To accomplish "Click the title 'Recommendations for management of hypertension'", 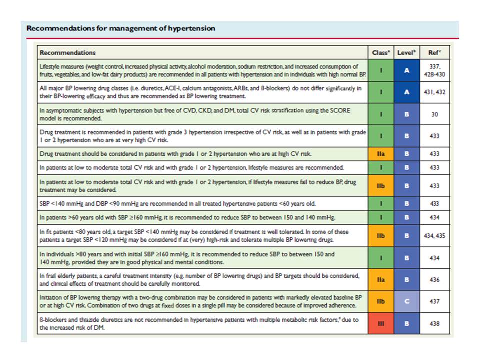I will (x=121, y=28).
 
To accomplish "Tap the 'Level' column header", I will (x=406, y=52).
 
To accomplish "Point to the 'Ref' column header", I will (x=434, y=52).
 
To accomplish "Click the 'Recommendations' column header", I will (x=68, y=52).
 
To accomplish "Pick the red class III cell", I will (x=381, y=324).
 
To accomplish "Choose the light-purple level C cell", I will (x=406, y=302).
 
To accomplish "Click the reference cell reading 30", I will (x=434, y=114).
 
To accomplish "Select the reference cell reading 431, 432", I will (x=434, y=93).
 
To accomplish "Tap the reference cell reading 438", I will (x=434, y=324).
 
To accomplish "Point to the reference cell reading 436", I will (x=434, y=280).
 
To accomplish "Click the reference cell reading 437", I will (x=434, y=302).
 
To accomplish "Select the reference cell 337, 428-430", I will (x=434, y=70).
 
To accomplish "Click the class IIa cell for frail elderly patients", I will (x=381, y=280).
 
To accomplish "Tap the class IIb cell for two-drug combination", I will (x=381, y=302).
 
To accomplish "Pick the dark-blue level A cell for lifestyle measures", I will (x=406, y=70).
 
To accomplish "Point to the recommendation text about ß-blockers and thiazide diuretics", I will (x=200, y=324).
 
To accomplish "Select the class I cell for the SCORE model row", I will (x=381, y=114).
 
